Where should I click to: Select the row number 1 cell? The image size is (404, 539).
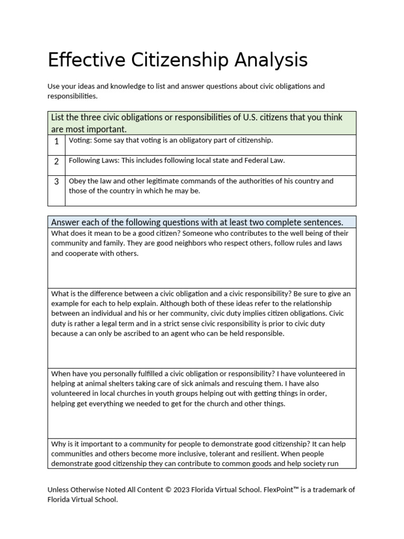click(56, 142)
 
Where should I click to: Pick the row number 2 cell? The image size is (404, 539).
click(56, 162)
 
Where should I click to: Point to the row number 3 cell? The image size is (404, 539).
click(56, 182)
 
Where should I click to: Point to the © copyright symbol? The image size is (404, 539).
click(169, 490)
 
